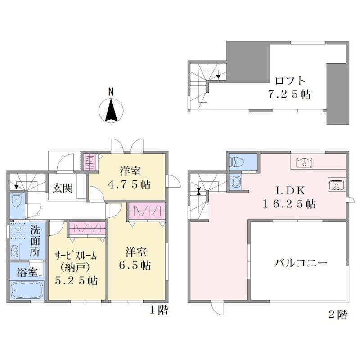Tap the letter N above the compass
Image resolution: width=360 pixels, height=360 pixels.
click(x=111, y=92)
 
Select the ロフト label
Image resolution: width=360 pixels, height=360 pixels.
click(x=290, y=81)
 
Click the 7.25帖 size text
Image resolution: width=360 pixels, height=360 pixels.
click(x=290, y=94)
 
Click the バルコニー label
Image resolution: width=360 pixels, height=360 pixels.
click(x=301, y=263)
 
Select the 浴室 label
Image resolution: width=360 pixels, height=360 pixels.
click(x=27, y=272)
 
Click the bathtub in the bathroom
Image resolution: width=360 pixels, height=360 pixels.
click(x=27, y=290)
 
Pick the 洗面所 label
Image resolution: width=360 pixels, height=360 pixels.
click(x=35, y=241)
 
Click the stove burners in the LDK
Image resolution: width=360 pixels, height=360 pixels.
click(x=337, y=184)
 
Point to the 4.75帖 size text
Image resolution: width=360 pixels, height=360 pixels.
click(x=129, y=184)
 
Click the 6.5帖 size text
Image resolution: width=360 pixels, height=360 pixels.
click(x=135, y=265)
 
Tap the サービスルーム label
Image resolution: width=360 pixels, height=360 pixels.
click(x=76, y=256)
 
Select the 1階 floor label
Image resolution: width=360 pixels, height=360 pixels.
click(x=159, y=310)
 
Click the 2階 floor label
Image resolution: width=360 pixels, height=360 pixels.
click(x=338, y=314)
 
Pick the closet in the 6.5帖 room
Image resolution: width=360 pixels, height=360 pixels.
click(x=147, y=211)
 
